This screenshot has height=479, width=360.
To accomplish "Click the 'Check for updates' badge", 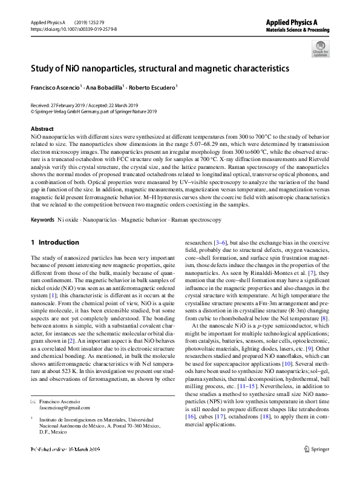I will (x=320, y=48).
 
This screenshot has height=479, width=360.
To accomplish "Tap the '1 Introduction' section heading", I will (x=54, y=242).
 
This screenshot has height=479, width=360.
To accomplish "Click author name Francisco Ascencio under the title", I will (x=55, y=88).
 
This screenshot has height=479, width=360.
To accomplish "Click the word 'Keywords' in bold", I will (x=42, y=219).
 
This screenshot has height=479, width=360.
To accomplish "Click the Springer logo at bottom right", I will (x=314, y=466).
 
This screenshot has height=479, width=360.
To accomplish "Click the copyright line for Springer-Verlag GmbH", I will (x=93, y=111).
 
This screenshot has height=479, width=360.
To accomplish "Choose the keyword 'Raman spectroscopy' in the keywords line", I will (x=196, y=219).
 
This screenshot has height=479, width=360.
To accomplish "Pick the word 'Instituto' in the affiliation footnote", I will (x=54, y=418).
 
